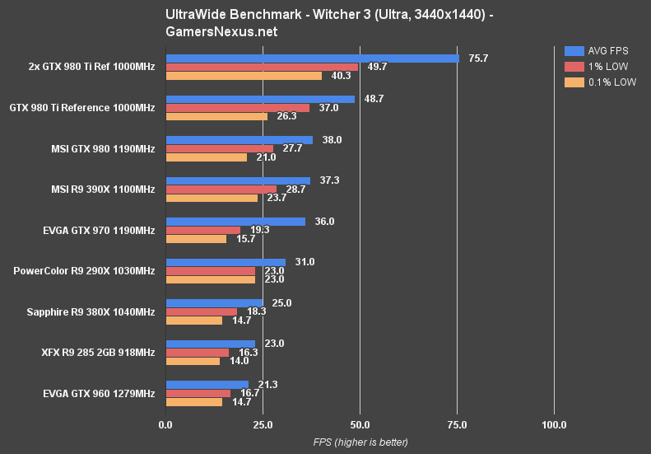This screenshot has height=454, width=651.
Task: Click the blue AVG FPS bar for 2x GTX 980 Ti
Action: tap(312, 59)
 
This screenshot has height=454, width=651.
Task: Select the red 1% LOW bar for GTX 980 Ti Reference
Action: tap(238, 108)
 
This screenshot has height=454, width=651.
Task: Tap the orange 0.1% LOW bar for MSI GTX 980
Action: tap(207, 157)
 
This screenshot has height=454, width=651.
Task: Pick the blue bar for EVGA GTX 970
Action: tap(235, 222)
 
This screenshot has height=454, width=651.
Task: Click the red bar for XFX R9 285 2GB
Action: tap(198, 353)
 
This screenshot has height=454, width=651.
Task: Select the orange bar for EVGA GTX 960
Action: tap(194, 402)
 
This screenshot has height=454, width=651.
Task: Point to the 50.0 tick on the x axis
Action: tap(360, 425)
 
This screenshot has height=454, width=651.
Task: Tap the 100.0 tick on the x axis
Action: tap(554, 425)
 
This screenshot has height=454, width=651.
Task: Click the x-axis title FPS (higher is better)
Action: tap(360, 442)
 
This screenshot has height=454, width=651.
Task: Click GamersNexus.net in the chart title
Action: tap(221, 32)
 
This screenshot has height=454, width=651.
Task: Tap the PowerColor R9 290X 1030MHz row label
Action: tap(84, 271)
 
